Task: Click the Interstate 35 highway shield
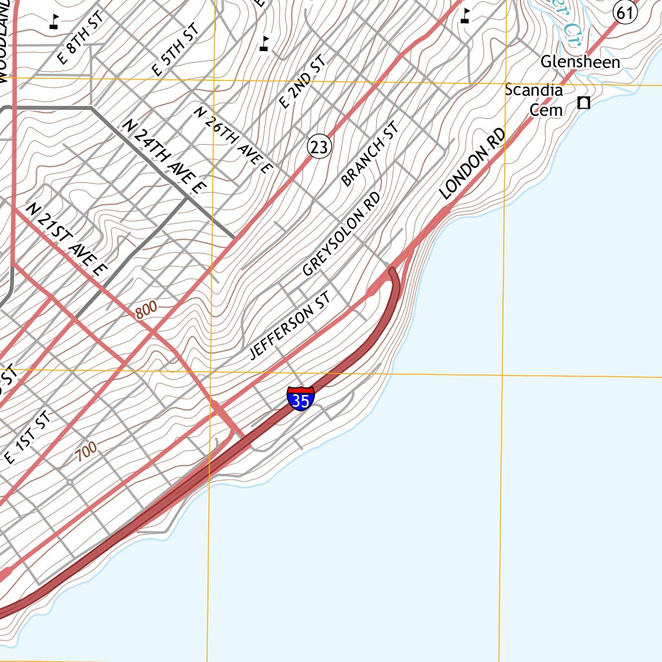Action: (x=301, y=398)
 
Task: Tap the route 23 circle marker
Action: (x=319, y=147)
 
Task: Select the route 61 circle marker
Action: (x=625, y=12)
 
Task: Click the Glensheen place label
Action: (x=580, y=62)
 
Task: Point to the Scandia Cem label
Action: (x=534, y=100)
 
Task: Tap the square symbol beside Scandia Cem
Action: (x=584, y=103)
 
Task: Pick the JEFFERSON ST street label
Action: (x=290, y=325)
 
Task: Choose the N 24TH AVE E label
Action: (x=166, y=157)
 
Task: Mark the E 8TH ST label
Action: (x=80, y=37)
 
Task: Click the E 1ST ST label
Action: (x=27, y=439)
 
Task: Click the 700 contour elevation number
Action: (x=85, y=451)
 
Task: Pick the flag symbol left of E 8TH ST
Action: (x=54, y=21)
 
